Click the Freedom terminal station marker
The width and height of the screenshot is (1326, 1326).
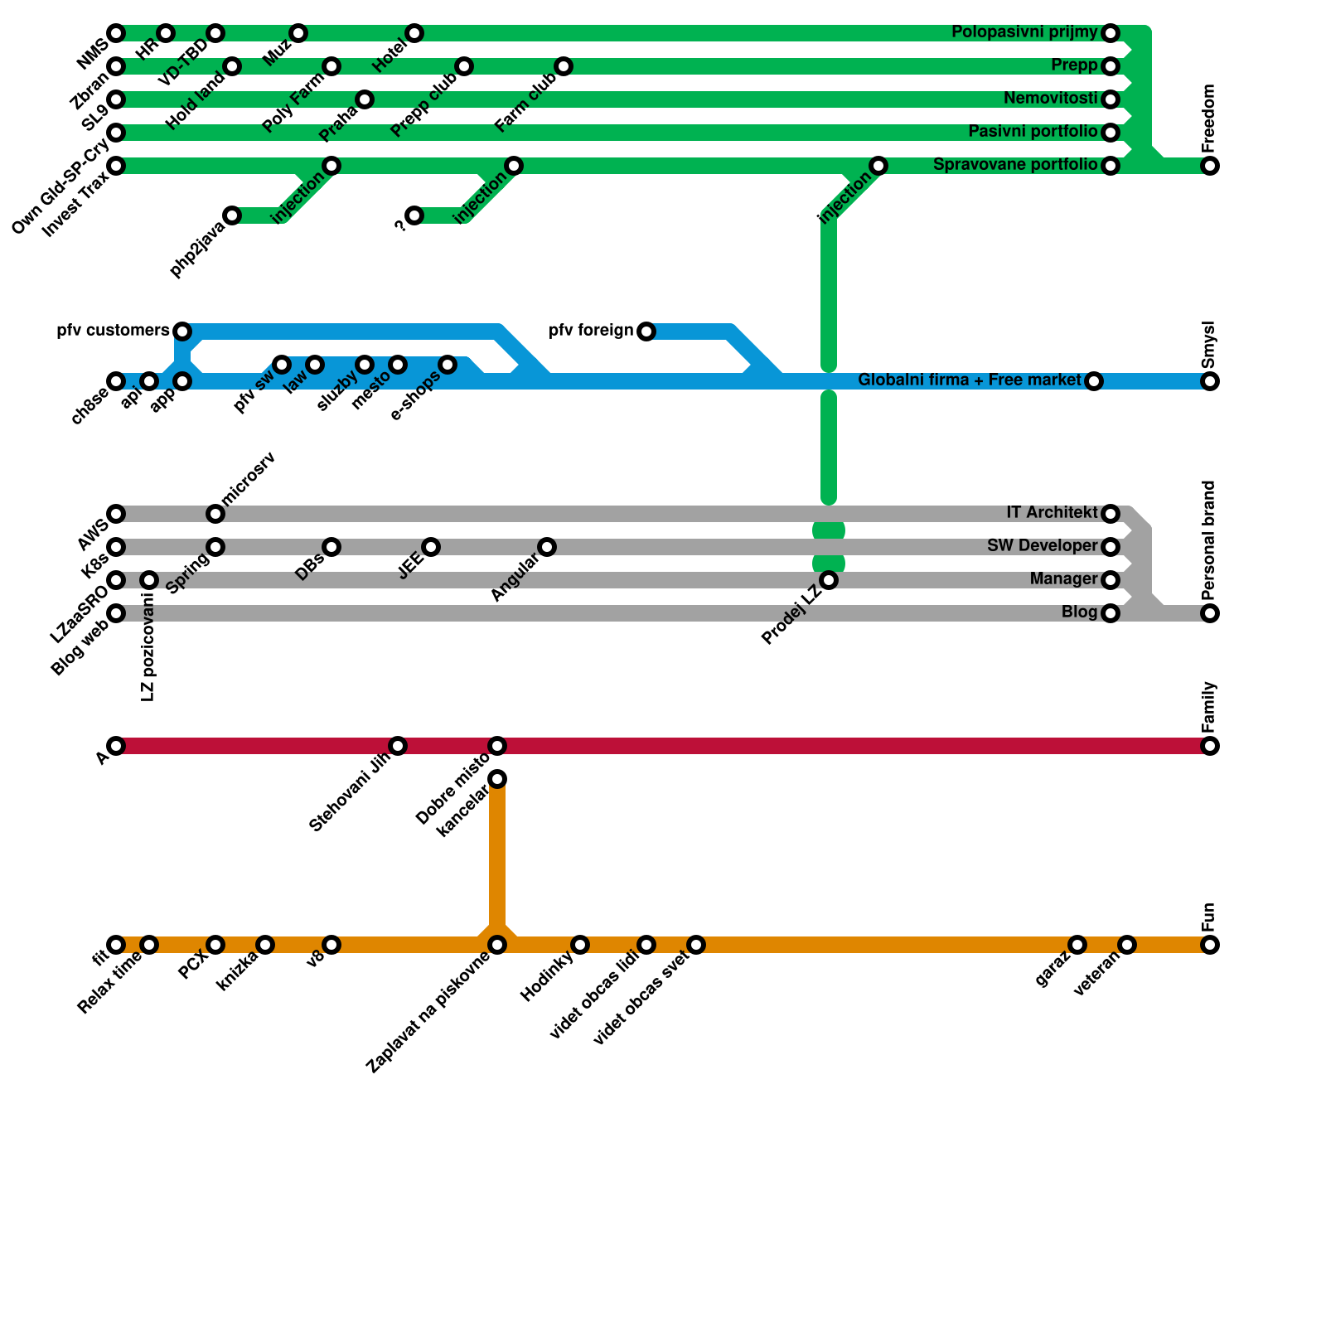[x=1210, y=166]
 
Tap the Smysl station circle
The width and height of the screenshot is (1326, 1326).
[x=1210, y=381]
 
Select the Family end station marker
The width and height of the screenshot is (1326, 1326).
[x=1210, y=746]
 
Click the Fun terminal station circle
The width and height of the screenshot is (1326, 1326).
[x=1210, y=945]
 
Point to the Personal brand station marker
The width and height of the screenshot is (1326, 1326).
[x=1210, y=613]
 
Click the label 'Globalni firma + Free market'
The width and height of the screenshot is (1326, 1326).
[x=969, y=380]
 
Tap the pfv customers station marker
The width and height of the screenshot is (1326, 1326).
[x=182, y=331]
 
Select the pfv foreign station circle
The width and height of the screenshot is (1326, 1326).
[x=646, y=331]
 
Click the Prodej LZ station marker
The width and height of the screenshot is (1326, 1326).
[x=829, y=580]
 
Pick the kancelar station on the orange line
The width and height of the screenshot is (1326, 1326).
[x=497, y=779]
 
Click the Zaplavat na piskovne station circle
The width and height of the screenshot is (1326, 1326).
[x=497, y=945]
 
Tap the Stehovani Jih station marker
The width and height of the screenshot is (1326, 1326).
[x=398, y=746]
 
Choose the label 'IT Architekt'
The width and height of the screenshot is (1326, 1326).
[x=1051, y=513]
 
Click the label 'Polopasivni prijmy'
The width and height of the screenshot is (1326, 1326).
[x=1024, y=32]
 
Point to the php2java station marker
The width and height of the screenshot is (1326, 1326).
[x=232, y=215]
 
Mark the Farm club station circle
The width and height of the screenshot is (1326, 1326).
[x=564, y=66]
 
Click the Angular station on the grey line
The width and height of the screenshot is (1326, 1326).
[x=547, y=547]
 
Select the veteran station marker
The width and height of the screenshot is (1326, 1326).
[x=1126, y=945]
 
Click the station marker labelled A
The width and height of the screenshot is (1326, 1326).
[x=116, y=746]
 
